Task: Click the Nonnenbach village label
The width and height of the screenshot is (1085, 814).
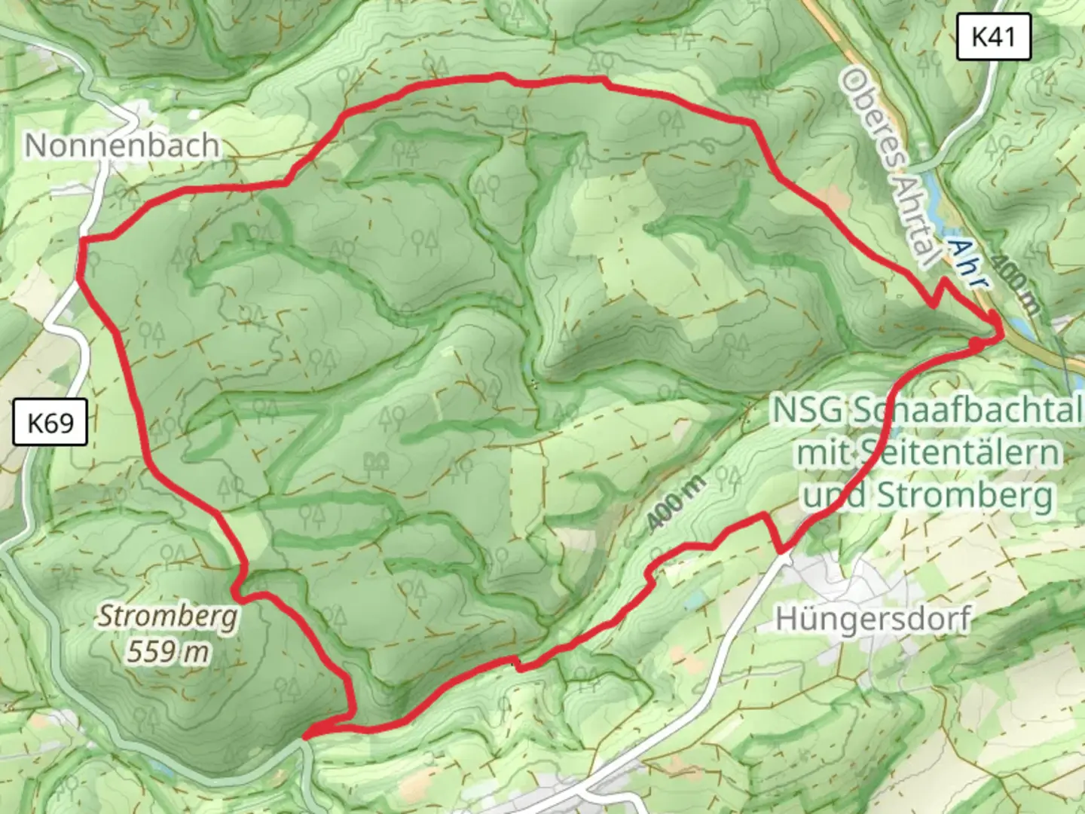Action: (x=122, y=145)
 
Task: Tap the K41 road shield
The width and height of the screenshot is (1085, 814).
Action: (x=993, y=36)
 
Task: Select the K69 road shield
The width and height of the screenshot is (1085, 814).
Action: (x=50, y=423)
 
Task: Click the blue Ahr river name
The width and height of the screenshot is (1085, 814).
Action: (x=967, y=265)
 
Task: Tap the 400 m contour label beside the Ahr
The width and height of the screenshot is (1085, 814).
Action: (x=1013, y=283)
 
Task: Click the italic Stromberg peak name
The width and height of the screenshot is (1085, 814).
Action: (x=168, y=616)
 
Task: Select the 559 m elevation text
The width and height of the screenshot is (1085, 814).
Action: (x=167, y=650)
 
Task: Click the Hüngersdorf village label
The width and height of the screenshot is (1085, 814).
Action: (x=873, y=619)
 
